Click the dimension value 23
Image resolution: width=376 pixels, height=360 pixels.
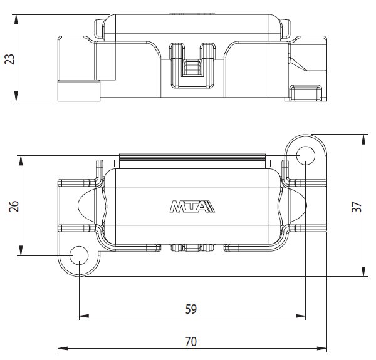tap(9, 59)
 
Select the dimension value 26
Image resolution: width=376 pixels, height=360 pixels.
tap(14, 206)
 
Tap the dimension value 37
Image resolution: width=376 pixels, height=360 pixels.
tap(357, 207)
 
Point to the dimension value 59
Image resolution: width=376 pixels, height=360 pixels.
tap(191, 309)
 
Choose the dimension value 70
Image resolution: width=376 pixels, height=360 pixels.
tap(191, 342)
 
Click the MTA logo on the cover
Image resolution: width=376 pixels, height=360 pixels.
tap(192, 207)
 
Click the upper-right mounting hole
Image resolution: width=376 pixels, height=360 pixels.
tap(306, 155)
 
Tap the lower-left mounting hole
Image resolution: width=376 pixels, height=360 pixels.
tap(79, 255)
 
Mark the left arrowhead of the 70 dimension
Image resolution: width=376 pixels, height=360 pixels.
tap(63, 348)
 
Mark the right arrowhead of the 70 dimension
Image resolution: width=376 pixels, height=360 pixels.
tap(322, 348)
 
